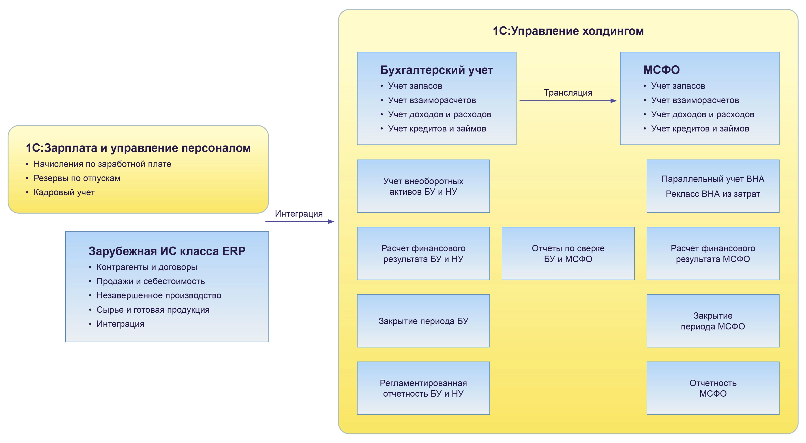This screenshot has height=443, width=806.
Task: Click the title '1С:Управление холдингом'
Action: coord(568,31)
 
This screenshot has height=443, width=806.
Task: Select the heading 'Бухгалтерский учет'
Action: coord(437,70)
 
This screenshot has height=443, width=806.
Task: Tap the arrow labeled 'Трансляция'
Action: coord(568,101)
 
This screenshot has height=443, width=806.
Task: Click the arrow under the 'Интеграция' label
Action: coord(299,221)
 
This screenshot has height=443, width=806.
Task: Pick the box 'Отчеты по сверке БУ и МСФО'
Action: coord(568,253)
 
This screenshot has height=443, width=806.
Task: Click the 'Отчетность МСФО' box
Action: coord(713,388)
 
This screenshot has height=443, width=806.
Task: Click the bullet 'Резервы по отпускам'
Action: coord(77,178)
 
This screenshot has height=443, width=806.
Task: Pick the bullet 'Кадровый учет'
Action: coord(64,192)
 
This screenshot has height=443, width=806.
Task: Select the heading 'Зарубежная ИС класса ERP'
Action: coord(167,251)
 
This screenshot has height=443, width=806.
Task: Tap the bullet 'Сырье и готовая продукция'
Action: coord(153,310)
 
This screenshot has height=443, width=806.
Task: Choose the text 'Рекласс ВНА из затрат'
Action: coord(713,194)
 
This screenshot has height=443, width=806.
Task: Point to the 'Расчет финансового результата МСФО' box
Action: coord(713,253)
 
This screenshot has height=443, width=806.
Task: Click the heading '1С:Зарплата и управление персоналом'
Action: coord(138,148)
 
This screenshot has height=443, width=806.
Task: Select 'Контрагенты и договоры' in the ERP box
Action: coord(147,267)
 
